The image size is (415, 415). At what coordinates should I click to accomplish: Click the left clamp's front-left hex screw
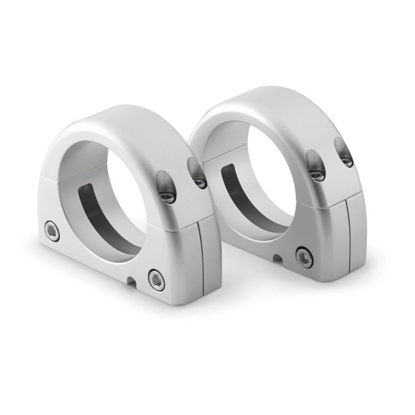pos(51,230)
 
